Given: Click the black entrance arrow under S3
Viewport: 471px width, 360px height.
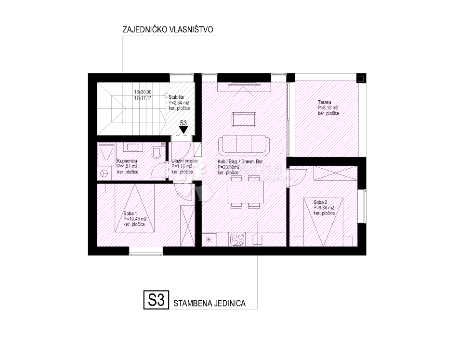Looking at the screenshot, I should (x=183, y=129).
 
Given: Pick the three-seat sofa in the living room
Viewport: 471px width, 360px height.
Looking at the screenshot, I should (x=245, y=144).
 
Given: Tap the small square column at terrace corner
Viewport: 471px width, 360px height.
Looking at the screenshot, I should (x=360, y=79).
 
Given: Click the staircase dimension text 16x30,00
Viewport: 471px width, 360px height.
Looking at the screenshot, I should (x=143, y=92).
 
